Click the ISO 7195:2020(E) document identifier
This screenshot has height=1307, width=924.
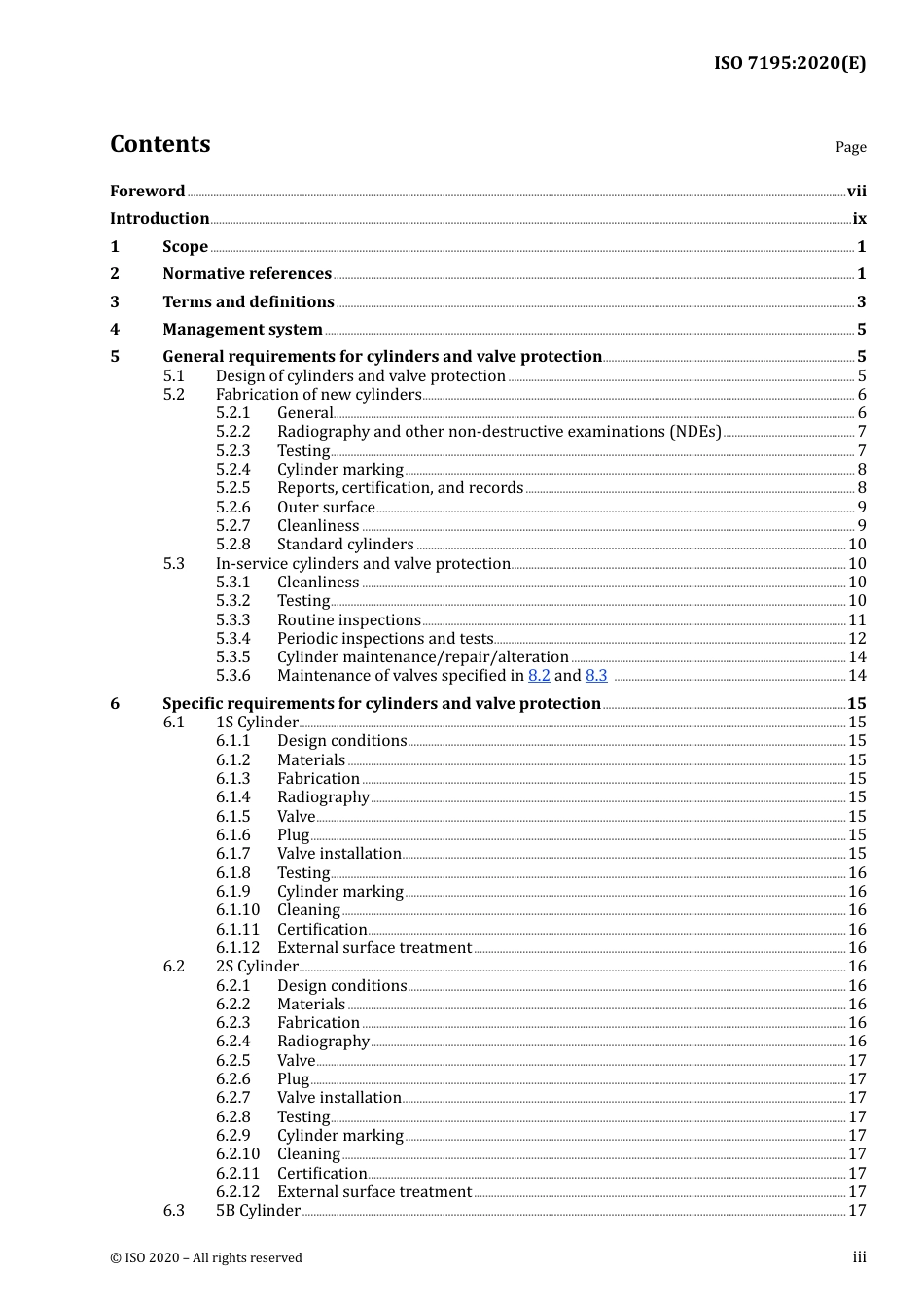point(789,63)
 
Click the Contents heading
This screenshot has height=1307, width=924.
point(160,144)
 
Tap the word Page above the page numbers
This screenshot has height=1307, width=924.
point(850,147)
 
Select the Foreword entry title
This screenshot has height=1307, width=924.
point(147,192)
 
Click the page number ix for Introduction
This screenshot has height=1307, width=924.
point(859,219)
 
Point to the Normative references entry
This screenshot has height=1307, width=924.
point(247,274)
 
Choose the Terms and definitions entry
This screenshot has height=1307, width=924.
point(248,302)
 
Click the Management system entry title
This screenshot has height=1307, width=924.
point(242,330)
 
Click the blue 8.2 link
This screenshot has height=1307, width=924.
point(539,676)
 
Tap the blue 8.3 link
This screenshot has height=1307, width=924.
point(596,676)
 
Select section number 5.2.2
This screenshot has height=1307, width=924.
point(232,432)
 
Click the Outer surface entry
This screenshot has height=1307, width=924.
point(326,508)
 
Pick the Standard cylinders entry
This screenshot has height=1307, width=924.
point(345,545)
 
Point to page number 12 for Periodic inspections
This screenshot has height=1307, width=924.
point(857,639)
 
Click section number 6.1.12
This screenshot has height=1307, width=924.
point(238,948)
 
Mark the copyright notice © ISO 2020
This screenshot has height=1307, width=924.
point(205,1258)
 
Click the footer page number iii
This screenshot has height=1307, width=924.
point(859,1257)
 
